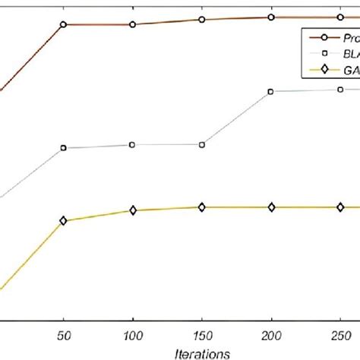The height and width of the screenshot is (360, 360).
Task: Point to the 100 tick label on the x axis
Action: click(132, 334)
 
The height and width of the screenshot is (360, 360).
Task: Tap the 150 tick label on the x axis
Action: click(202, 334)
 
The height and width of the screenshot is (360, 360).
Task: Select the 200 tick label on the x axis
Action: click(271, 334)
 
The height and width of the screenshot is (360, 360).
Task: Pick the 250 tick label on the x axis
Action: click(340, 334)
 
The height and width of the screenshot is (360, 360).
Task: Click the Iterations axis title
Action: click(202, 352)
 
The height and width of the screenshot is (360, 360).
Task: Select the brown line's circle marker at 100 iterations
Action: click(132, 24)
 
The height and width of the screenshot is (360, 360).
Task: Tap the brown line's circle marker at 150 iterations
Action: click(202, 19)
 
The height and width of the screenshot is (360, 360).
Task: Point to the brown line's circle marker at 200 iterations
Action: click(271, 17)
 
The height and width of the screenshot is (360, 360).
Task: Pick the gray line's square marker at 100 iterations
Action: click(132, 144)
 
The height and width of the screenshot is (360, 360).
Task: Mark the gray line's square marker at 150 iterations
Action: click(202, 144)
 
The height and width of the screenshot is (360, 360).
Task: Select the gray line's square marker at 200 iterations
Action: click(271, 92)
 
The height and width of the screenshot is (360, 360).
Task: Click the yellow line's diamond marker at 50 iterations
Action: click(63, 220)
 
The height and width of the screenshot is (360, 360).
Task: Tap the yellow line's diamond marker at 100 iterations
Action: click(132, 210)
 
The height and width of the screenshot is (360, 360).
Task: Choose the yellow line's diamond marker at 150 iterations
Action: click(202, 207)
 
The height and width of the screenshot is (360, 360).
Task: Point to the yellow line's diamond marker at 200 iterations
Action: click(271, 207)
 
